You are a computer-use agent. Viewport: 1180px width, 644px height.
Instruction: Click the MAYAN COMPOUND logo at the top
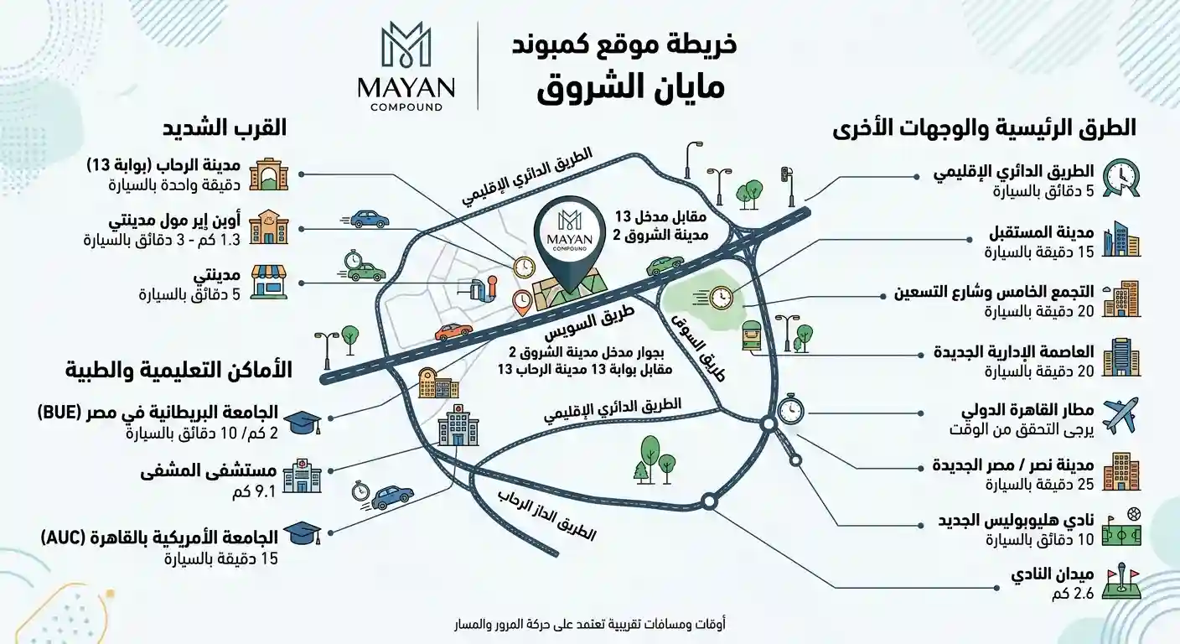point(405,66)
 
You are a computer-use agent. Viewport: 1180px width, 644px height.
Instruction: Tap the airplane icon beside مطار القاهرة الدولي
point(1120,415)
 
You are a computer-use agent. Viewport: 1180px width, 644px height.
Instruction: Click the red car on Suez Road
point(453,331)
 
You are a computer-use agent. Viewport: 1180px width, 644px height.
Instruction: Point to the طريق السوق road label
point(698,348)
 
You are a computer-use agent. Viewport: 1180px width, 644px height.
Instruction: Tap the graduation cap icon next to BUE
point(303,422)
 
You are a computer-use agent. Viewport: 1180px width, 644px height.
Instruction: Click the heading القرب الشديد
point(224,127)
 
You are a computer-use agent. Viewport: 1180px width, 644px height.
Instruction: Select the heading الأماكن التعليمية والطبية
point(179,370)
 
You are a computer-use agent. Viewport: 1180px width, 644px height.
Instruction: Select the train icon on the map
point(752,335)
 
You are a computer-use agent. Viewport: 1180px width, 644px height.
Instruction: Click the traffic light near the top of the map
point(789,186)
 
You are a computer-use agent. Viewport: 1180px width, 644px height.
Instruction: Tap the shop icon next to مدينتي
point(269,282)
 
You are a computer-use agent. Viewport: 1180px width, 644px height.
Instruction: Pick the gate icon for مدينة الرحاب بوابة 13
point(269,174)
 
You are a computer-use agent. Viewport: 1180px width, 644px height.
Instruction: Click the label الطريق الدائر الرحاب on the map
point(546,516)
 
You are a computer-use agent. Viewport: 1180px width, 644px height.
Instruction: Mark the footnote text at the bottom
point(589,625)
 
